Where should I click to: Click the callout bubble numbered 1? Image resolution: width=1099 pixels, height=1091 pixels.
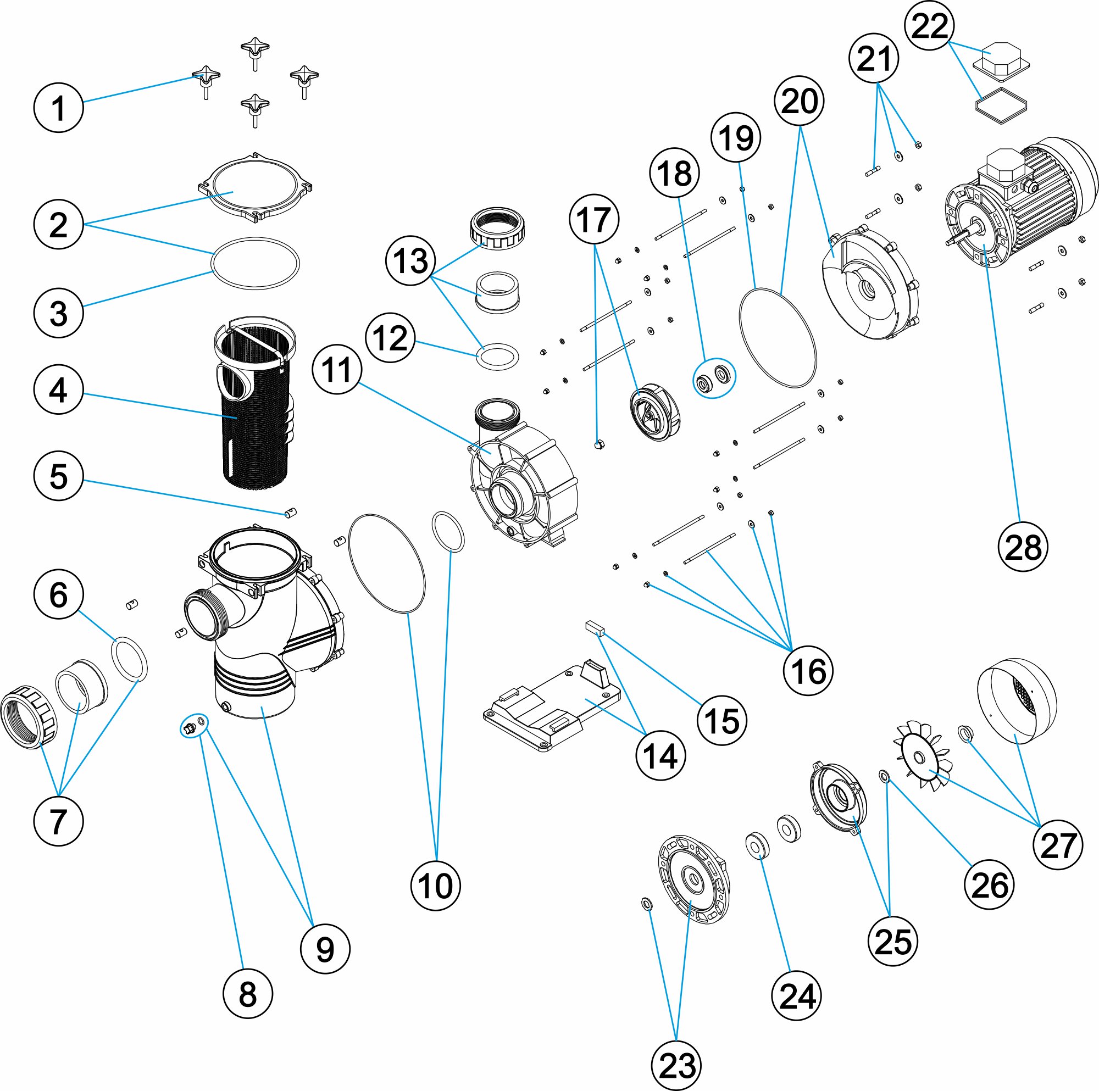point(59,108)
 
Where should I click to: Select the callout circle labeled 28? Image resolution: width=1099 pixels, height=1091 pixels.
point(1023,547)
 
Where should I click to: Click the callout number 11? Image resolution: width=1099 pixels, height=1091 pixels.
point(337,370)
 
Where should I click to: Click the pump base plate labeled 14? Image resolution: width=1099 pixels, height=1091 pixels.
point(552,705)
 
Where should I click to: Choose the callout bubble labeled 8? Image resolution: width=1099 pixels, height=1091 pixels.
point(247,994)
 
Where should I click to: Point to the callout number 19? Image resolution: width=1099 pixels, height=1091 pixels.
point(736,138)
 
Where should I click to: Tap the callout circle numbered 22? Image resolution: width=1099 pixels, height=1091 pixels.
point(930,26)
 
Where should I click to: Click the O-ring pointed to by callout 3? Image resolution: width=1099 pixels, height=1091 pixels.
point(256,263)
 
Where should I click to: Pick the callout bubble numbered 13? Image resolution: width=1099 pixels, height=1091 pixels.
point(410,261)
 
